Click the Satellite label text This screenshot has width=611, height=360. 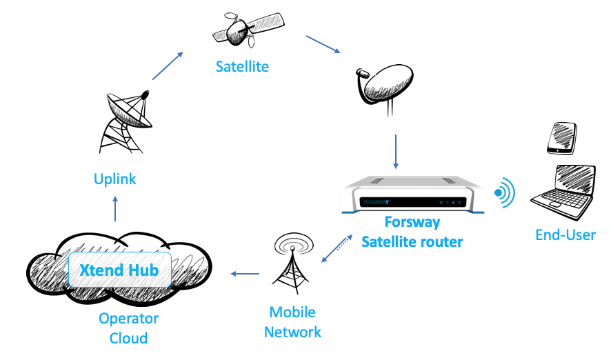coord(241,67)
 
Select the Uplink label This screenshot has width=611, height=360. coord(115,179)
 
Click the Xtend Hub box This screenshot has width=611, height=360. coord(119,270)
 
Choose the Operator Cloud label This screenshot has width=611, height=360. coord(128,328)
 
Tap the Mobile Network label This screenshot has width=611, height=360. coord(292,321)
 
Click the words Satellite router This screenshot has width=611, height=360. coord(412,241)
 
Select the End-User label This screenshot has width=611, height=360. coord(565,235)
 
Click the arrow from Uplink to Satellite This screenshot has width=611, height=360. coord(168,66)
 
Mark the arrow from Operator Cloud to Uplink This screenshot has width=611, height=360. coord(115,208)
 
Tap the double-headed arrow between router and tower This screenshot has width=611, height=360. coord(335,250)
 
